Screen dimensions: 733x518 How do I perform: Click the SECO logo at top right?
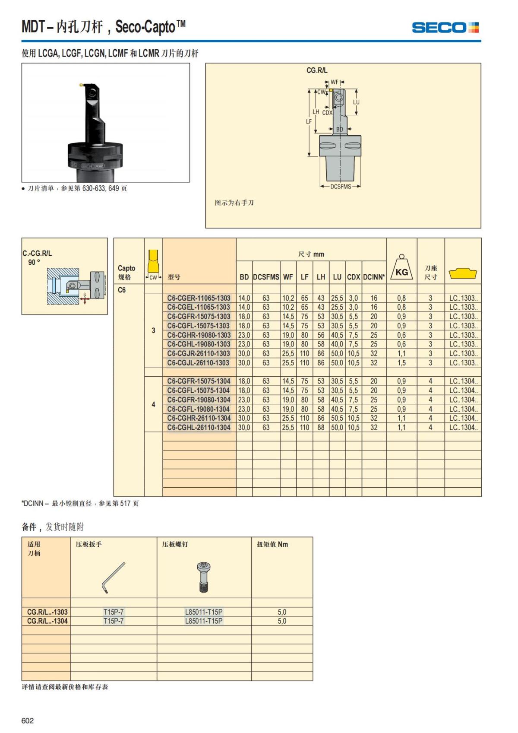tap(445, 28)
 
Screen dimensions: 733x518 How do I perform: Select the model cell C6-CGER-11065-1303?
tap(199, 298)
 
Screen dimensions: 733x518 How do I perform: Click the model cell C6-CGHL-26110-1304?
tap(199, 428)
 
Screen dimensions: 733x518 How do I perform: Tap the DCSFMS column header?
tap(266, 277)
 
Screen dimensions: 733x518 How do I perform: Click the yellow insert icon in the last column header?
tap(463, 273)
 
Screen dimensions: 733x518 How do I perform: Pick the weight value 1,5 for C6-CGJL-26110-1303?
tap(401, 363)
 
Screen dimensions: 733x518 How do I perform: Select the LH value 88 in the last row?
tap(321, 428)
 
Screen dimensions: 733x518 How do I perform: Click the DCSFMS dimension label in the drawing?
tap(341, 187)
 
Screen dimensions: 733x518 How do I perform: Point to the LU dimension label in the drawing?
tap(356, 102)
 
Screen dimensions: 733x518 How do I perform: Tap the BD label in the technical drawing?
tap(340, 129)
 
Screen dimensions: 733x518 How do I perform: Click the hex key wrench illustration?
tap(113, 578)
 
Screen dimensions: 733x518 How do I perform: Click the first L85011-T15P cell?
tap(204, 612)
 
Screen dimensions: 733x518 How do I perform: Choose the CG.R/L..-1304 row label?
tap(47, 621)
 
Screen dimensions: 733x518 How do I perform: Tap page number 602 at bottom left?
tap(28, 720)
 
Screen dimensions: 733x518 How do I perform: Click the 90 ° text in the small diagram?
tap(34, 262)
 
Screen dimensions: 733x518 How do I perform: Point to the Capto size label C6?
tap(122, 290)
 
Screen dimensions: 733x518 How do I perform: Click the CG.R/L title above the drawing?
tap(317, 70)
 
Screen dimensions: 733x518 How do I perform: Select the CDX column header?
tap(354, 277)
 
